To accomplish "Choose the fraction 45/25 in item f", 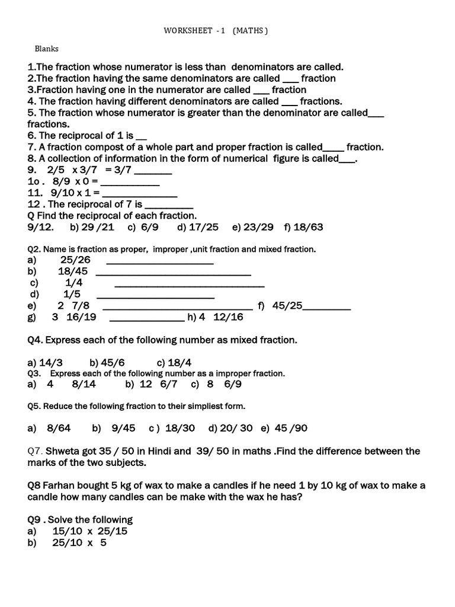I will [288, 306].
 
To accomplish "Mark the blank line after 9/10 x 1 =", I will [140, 193].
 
